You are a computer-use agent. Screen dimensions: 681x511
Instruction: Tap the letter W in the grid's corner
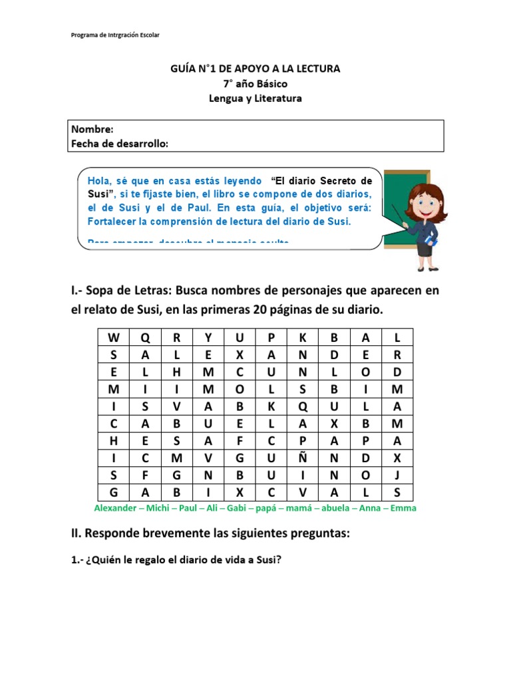pyautogui.click(x=113, y=337)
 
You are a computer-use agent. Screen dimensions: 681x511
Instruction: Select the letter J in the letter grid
pyautogui.click(x=397, y=475)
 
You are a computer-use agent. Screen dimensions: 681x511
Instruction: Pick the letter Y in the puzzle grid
pyautogui.click(x=208, y=337)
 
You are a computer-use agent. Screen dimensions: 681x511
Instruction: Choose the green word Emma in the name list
pyautogui.click(x=404, y=508)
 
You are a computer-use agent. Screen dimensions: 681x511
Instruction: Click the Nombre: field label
pyautogui.click(x=92, y=129)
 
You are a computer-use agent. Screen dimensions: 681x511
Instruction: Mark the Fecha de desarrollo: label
pyautogui.click(x=119, y=143)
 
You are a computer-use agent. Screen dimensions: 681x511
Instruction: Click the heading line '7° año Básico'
pyautogui.click(x=255, y=83)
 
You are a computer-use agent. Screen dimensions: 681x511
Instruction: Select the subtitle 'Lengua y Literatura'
pyautogui.click(x=255, y=98)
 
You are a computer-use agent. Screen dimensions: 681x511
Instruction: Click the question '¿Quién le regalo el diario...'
pyautogui.click(x=176, y=561)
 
